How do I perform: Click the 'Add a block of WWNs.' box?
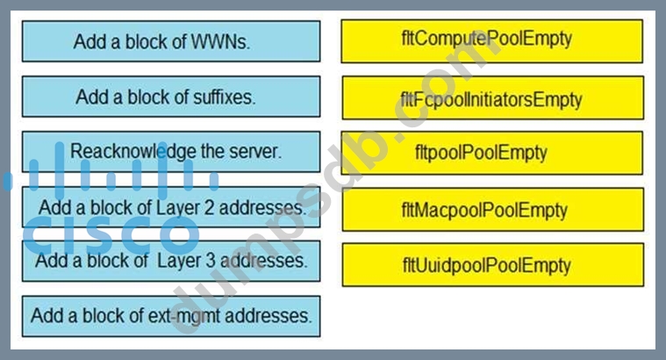(170, 41)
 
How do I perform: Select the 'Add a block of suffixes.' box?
(170, 97)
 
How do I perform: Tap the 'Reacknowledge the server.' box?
(170, 151)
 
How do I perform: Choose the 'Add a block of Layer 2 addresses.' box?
(170, 207)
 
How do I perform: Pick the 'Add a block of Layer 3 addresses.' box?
(170, 261)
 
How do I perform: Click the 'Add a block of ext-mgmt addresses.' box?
(170, 315)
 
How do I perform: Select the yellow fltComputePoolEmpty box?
(491, 40)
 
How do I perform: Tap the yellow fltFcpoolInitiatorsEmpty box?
(491, 98)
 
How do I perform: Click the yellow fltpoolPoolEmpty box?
(491, 153)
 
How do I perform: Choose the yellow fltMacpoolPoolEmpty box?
(491, 210)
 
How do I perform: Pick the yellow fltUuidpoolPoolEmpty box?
(491, 264)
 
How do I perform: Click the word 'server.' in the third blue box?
(256, 151)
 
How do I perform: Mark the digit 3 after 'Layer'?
(214, 261)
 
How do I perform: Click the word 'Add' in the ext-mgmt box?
(47, 315)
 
